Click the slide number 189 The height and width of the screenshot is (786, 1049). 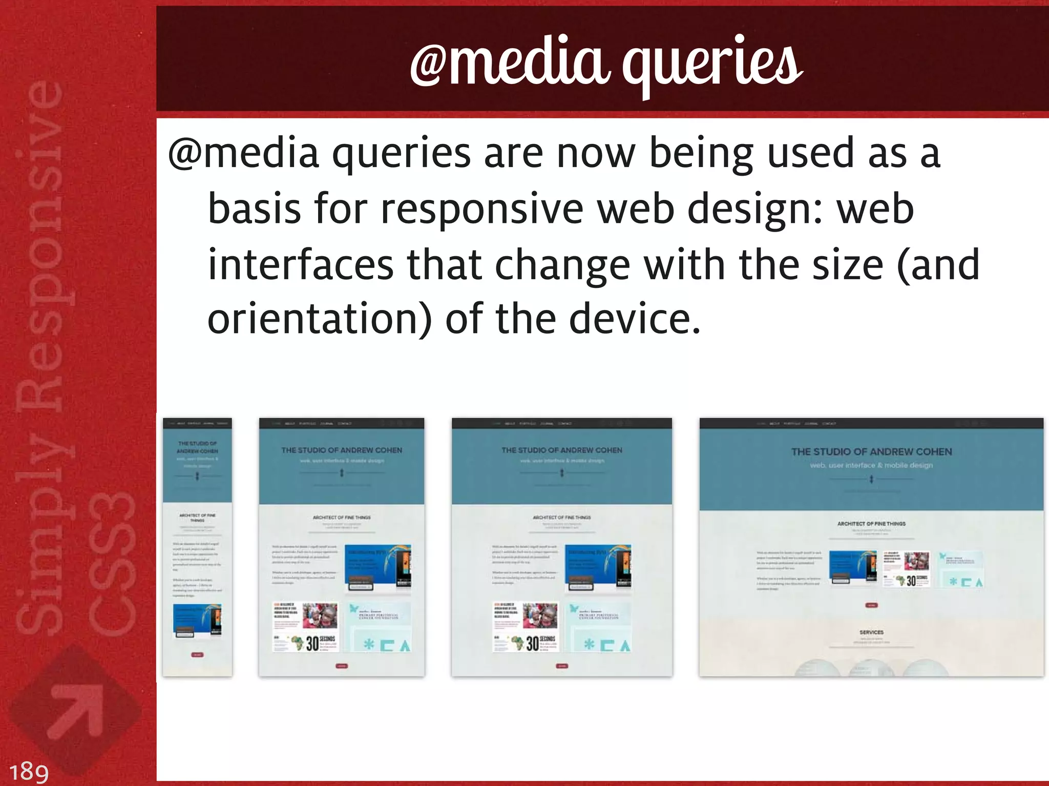29,772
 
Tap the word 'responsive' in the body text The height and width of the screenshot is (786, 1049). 481,210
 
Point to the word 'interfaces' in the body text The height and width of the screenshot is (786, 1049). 300,265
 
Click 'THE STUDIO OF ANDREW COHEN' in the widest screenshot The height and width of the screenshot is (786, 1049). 871,452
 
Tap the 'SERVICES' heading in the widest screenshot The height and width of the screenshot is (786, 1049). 871,632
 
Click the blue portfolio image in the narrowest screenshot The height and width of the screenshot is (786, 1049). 197,620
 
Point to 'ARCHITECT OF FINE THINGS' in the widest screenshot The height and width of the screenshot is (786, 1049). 871,524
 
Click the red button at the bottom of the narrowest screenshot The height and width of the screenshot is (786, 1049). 197,655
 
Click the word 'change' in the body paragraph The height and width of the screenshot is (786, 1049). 562,265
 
